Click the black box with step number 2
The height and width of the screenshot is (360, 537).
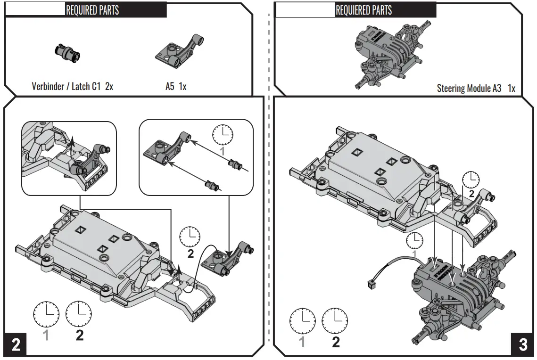(x=16, y=345)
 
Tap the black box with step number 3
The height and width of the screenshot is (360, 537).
(x=523, y=345)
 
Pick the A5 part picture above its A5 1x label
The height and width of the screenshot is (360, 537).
(x=179, y=50)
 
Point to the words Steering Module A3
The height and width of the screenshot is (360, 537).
(x=469, y=88)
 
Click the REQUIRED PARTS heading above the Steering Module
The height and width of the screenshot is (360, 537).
(x=364, y=10)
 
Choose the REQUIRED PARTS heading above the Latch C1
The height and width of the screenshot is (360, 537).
(x=92, y=10)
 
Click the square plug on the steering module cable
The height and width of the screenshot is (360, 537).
(x=370, y=284)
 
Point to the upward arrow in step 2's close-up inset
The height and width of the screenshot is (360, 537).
(x=72, y=144)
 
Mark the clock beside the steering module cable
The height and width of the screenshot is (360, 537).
(x=415, y=240)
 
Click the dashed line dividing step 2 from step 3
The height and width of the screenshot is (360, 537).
(x=269, y=188)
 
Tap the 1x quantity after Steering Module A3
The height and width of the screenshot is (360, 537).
(x=511, y=88)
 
